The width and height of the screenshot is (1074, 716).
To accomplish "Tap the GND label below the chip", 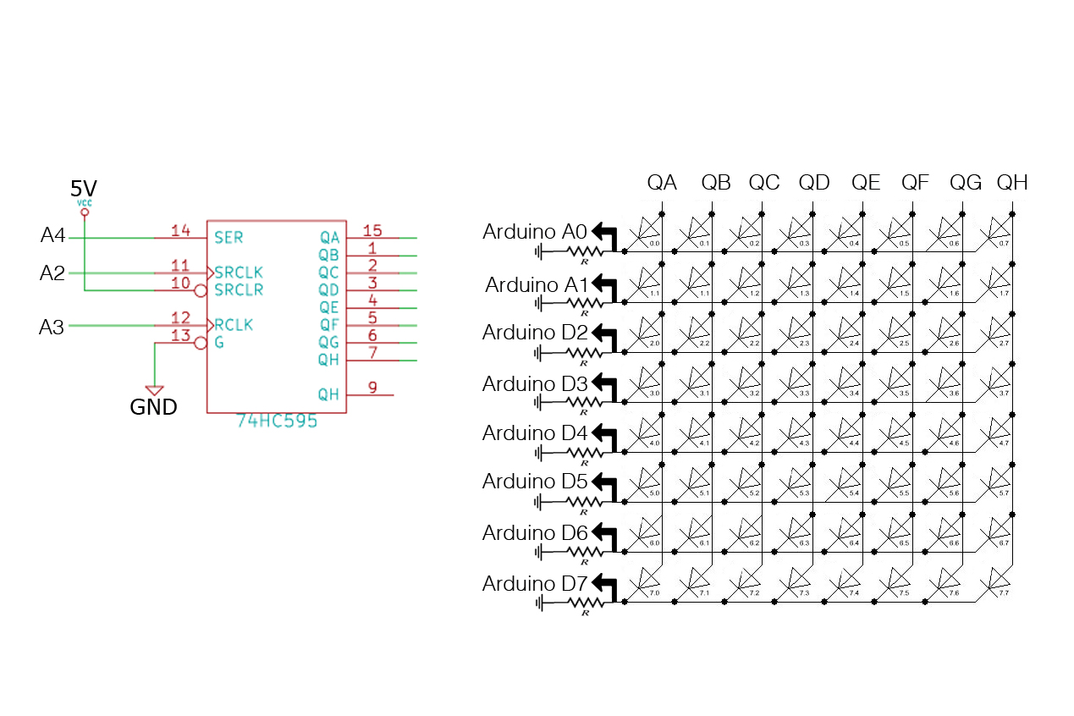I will point(153,407).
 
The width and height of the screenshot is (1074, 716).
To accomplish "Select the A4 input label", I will point(52,236).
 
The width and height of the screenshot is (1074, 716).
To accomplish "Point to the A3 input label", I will point(52,327).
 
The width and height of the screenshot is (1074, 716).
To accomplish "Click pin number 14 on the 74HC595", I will point(180,230).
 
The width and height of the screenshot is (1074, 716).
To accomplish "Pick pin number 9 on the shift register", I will point(372,388).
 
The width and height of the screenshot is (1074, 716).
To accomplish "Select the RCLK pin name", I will point(234,325).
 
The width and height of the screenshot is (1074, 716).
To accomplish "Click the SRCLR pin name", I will point(239,289).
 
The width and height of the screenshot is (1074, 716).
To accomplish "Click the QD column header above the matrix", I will point(814,182).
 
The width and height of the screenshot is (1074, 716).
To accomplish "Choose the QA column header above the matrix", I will point(662,182).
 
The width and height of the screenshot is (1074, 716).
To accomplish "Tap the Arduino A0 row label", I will point(535,231).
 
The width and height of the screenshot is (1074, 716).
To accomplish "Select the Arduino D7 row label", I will point(535,583).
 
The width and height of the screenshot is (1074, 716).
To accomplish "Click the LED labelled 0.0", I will point(650,229).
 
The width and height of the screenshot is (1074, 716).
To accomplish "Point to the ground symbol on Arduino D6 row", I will point(539,552).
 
